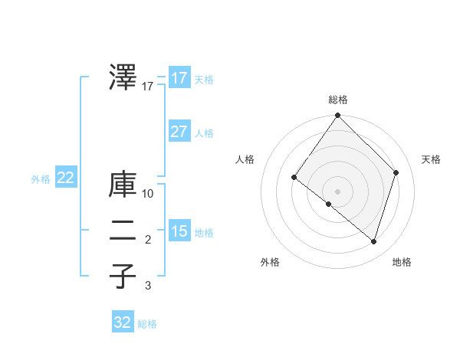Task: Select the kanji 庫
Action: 123,185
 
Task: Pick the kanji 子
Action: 123,276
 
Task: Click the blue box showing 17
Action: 179,78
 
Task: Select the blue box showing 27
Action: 179,131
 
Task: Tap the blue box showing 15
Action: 179,231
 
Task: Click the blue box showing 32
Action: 123,322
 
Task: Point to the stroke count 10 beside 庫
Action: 148,194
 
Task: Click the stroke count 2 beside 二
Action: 148,241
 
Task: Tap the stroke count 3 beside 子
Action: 148,286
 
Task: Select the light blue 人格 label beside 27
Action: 204,133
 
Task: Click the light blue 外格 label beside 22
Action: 41,180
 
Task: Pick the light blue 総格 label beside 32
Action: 147,324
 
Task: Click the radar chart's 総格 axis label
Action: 338,100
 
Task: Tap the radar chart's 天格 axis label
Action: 431,159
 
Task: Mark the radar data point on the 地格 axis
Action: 373,242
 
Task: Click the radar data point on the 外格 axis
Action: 329,205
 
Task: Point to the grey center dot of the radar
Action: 337,191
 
